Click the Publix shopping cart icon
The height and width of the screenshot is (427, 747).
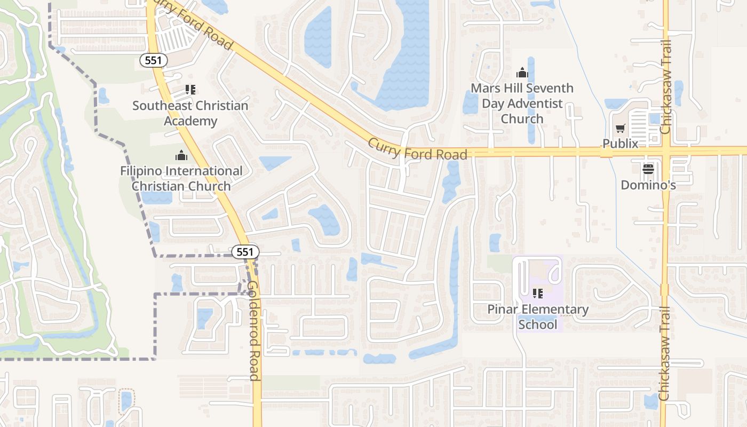click(620, 128)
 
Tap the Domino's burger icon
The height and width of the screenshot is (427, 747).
click(648, 169)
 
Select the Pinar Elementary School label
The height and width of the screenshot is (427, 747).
click(538, 317)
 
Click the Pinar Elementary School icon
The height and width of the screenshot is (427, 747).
click(538, 293)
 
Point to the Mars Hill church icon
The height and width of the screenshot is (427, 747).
click(522, 73)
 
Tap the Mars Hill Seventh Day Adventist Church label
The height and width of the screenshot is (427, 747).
click(522, 103)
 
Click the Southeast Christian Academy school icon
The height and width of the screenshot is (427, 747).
click(190, 90)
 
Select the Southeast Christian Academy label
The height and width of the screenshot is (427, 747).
click(190, 113)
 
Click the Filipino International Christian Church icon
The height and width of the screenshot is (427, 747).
click(181, 156)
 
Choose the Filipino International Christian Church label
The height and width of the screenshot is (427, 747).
click(181, 179)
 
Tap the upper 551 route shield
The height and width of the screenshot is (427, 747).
click(154, 60)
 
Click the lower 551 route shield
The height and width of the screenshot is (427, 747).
click(245, 252)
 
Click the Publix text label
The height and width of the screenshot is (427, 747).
click(620, 144)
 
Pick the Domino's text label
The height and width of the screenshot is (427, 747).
click(648, 185)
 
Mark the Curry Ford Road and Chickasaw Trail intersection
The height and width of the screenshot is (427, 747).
click(666, 152)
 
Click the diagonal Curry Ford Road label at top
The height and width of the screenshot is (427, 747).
click(192, 24)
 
